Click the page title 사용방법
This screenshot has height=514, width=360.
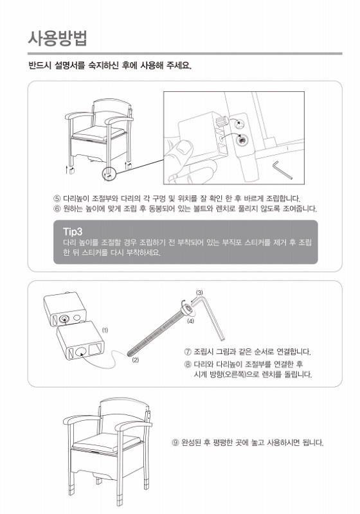(x=58, y=38)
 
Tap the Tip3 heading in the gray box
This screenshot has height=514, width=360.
(x=73, y=231)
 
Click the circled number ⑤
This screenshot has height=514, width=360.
(x=57, y=199)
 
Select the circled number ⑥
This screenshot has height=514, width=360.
(x=57, y=208)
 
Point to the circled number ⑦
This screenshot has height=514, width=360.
(x=188, y=352)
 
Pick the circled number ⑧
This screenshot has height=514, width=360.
(x=188, y=364)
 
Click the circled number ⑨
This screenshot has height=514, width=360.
(x=175, y=443)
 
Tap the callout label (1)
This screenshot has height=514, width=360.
(x=105, y=330)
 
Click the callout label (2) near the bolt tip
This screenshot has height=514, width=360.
(x=136, y=360)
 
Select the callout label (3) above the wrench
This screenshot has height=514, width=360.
(x=199, y=292)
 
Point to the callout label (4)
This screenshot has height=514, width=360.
(x=190, y=321)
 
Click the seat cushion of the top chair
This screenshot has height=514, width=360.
(x=97, y=134)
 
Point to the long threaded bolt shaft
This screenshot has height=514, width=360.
(x=154, y=332)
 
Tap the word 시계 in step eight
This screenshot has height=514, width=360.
(x=201, y=374)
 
